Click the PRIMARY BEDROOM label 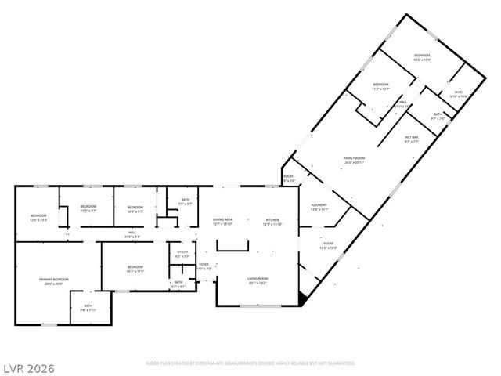[x=55, y=280]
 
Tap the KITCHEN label [x=272, y=219]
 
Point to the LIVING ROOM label [x=258, y=279]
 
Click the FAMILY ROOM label [x=355, y=158]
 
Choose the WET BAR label [x=412, y=138]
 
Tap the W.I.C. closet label [x=459, y=92]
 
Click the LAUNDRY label [x=319, y=206]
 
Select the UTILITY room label [x=182, y=251]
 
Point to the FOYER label [x=204, y=265]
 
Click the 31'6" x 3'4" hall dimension [x=133, y=237]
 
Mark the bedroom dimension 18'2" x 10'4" [x=423, y=60]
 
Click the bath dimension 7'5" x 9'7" [x=185, y=204]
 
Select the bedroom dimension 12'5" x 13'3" [x=39, y=220]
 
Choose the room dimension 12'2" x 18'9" [x=329, y=248]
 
